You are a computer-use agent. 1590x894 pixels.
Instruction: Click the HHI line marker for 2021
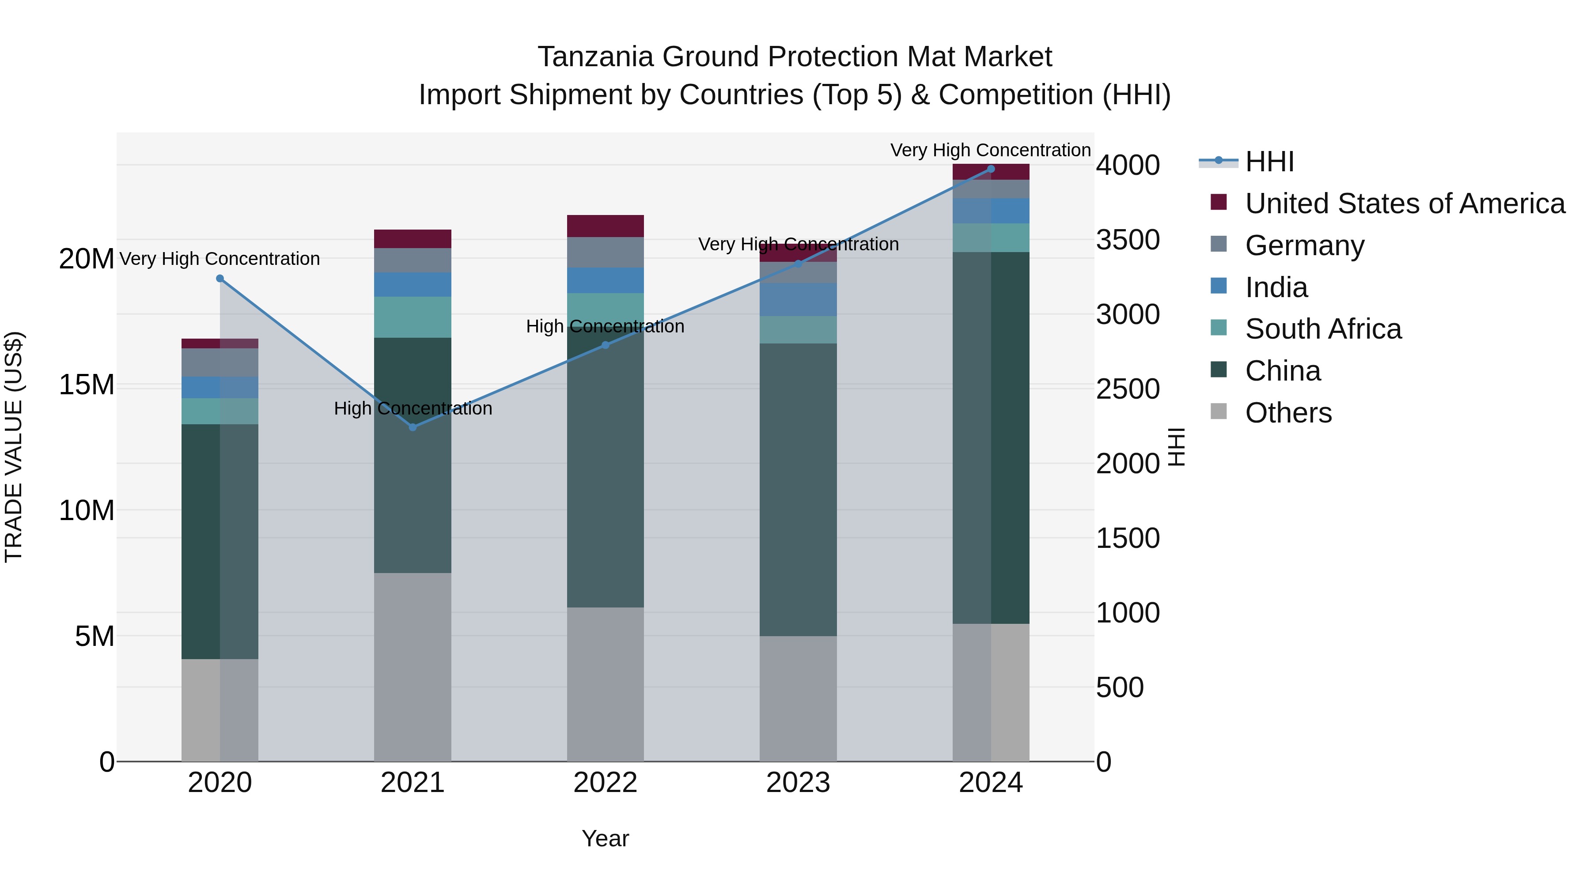point(413,427)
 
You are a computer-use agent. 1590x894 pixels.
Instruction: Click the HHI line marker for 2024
point(991,169)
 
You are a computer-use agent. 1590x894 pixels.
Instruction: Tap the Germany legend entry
point(1304,245)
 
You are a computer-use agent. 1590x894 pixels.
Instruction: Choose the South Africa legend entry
point(1323,329)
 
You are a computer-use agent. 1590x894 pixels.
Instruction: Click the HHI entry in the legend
point(1269,162)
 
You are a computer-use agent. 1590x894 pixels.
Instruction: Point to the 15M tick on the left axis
point(87,385)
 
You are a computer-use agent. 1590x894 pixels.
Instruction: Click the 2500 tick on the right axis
point(1127,389)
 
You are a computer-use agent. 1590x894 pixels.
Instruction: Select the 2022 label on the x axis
point(605,783)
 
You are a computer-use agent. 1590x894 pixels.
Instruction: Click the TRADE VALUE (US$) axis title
point(14,447)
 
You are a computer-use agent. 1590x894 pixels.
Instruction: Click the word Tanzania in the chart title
point(595,57)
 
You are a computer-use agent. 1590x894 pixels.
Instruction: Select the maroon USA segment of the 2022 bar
point(605,226)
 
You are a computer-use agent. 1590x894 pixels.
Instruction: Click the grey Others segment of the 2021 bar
point(413,666)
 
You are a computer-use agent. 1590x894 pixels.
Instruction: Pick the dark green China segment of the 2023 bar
point(798,489)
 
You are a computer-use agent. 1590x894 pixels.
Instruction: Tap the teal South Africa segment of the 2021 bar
point(413,317)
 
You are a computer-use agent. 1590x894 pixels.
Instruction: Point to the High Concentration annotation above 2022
point(605,326)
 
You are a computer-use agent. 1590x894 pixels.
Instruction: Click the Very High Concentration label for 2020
point(220,259)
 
